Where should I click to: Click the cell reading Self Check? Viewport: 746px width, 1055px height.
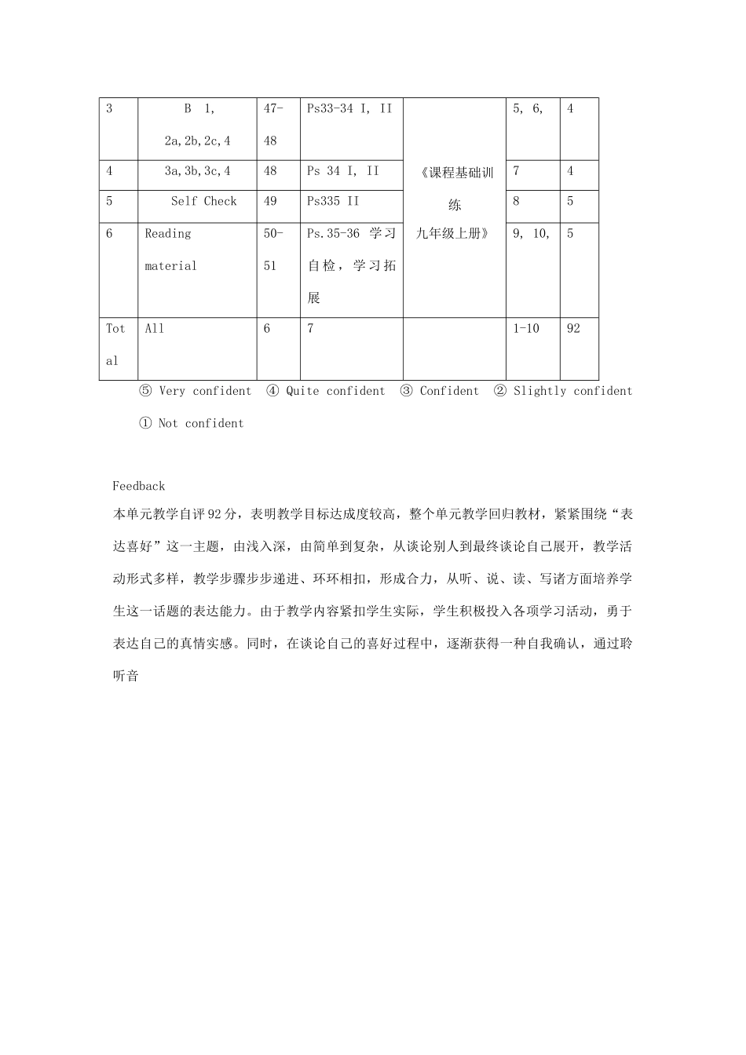point(203,202)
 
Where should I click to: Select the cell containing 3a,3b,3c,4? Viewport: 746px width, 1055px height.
point(197,171)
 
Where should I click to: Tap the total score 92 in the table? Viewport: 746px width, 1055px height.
point(573,329)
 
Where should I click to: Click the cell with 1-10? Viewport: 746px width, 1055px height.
point(526,329)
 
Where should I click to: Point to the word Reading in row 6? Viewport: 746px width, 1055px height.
point(168,234)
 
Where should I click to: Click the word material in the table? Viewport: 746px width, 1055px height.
point(170,266)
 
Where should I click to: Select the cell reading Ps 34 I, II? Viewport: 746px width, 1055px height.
point(342,171)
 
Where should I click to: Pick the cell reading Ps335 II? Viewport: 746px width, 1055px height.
point(333,202)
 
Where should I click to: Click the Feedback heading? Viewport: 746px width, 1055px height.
point(138,487)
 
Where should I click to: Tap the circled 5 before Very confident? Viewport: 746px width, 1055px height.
point(145,391)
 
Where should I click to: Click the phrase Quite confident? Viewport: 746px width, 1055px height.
point(335,391)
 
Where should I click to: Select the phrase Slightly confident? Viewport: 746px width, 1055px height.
point(572,391)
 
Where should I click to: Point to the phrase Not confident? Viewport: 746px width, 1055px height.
point(201,423)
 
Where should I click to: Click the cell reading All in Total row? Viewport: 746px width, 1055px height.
point(155,329)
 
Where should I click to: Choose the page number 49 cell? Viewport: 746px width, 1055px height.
point(270,202)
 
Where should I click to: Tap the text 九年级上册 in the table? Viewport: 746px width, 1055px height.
point(454,234)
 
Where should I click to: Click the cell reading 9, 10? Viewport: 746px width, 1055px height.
point(532,234)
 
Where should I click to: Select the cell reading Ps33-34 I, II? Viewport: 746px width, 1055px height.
point(349,109)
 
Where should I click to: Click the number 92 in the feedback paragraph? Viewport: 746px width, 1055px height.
point(216,515)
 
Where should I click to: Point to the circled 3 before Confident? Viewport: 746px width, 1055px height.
point(407,391)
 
